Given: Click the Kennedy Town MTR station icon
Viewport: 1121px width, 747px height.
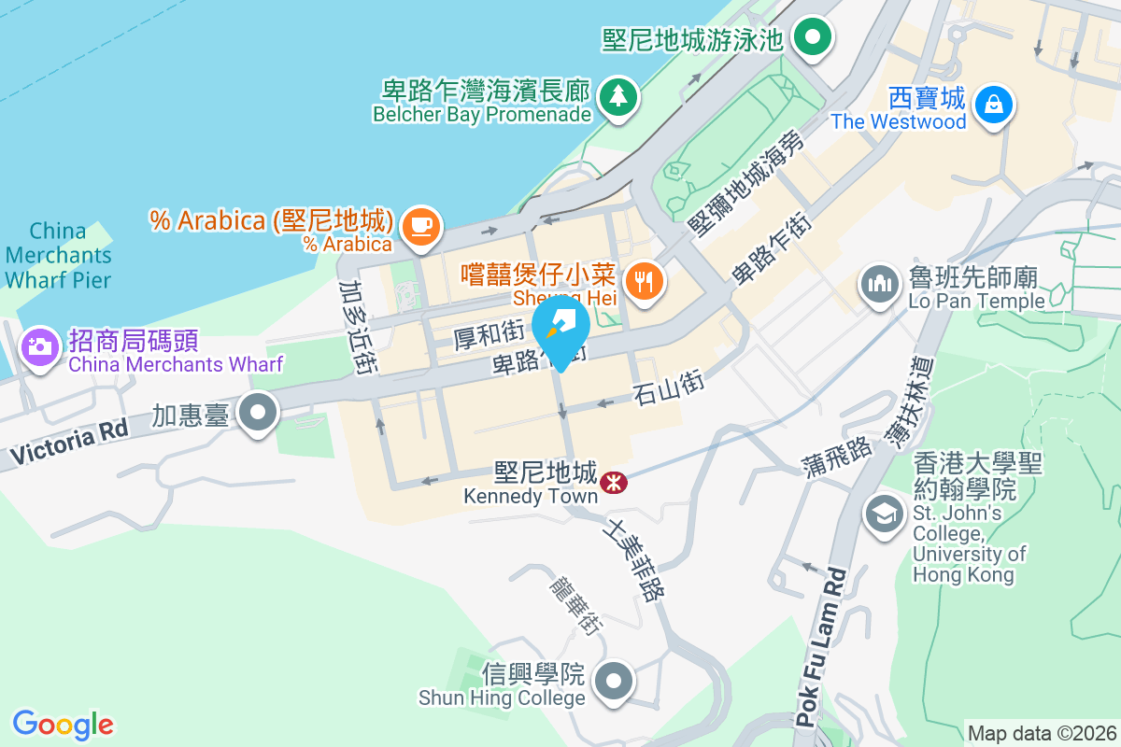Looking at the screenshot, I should [x=614, y=482].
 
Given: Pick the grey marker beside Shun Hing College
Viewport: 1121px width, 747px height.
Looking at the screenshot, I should [x=614, y=681].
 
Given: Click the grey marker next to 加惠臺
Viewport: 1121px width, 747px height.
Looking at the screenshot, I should [x=257, y=414].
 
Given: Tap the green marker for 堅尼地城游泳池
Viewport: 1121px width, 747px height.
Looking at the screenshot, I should [x=813, y=38].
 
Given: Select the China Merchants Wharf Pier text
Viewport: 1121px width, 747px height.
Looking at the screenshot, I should [x=58, y=255].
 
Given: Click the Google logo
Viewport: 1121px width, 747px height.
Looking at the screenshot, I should [x=64, y=724].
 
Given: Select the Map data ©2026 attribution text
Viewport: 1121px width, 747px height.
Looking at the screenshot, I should [x=1041, y=733].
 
